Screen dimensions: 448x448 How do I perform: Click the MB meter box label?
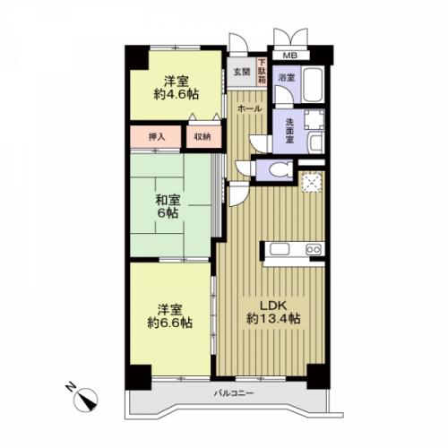[x=289, y=56]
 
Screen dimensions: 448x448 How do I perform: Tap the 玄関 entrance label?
[x=242, y=72]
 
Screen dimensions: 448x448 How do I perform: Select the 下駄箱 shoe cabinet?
[x=262, y=72]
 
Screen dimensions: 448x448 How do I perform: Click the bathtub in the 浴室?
[x=313, y=84]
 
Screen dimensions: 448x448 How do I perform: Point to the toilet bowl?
[x=280, y=170]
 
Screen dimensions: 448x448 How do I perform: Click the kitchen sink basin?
[x=280, y=249]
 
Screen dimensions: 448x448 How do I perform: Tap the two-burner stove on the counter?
[x=314, y=249]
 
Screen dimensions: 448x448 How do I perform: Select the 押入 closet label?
[x=157, y=137]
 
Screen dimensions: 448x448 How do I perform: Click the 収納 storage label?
[x=202, y=137]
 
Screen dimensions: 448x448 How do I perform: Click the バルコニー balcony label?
[x=234, y=393]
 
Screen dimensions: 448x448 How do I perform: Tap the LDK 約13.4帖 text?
[x=273, y=313]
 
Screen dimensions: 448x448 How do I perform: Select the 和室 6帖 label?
[x=168, y=206]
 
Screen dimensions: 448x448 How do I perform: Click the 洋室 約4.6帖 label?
[x=176, y=88]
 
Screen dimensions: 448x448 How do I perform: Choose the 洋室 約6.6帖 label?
[x=169, y=316]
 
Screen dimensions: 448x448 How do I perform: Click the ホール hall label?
[x=249, y=109]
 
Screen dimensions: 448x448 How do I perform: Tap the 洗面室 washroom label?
[x=289, y=131]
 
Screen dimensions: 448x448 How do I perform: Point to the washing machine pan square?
[x=314, y=120]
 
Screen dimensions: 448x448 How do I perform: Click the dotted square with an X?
[x=312, y=183]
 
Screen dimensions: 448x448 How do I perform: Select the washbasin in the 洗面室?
[x=316, y=142]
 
